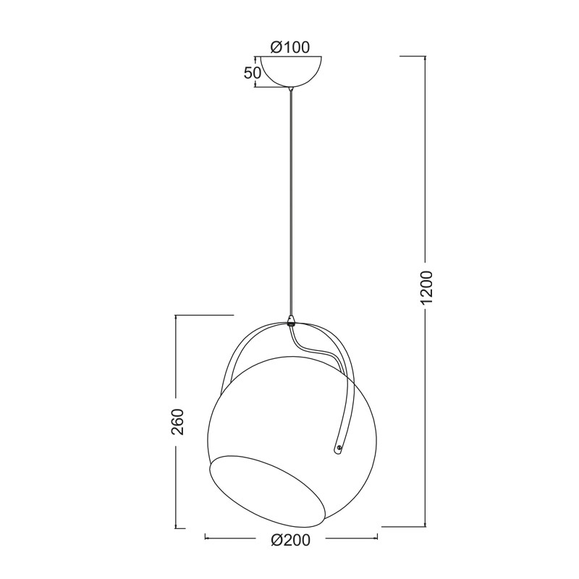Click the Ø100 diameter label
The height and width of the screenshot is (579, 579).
pos(289,47)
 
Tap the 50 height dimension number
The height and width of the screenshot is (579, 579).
pos(252,73)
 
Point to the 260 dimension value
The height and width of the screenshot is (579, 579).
pos(179,422)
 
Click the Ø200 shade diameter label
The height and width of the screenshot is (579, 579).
pos(292,539)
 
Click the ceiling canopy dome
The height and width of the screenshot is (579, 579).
pos(290,71)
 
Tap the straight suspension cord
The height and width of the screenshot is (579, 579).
pos(291,203)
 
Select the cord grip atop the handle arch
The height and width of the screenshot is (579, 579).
pos(291,320)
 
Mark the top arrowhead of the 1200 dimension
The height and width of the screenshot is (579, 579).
pos(425,58)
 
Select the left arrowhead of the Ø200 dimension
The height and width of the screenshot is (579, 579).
pos(208,538)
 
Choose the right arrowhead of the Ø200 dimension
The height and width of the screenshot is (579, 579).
pos(376,538)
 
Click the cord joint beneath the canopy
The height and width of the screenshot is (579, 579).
pos(291,90)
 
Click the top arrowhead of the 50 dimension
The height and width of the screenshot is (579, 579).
pos(256,58)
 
